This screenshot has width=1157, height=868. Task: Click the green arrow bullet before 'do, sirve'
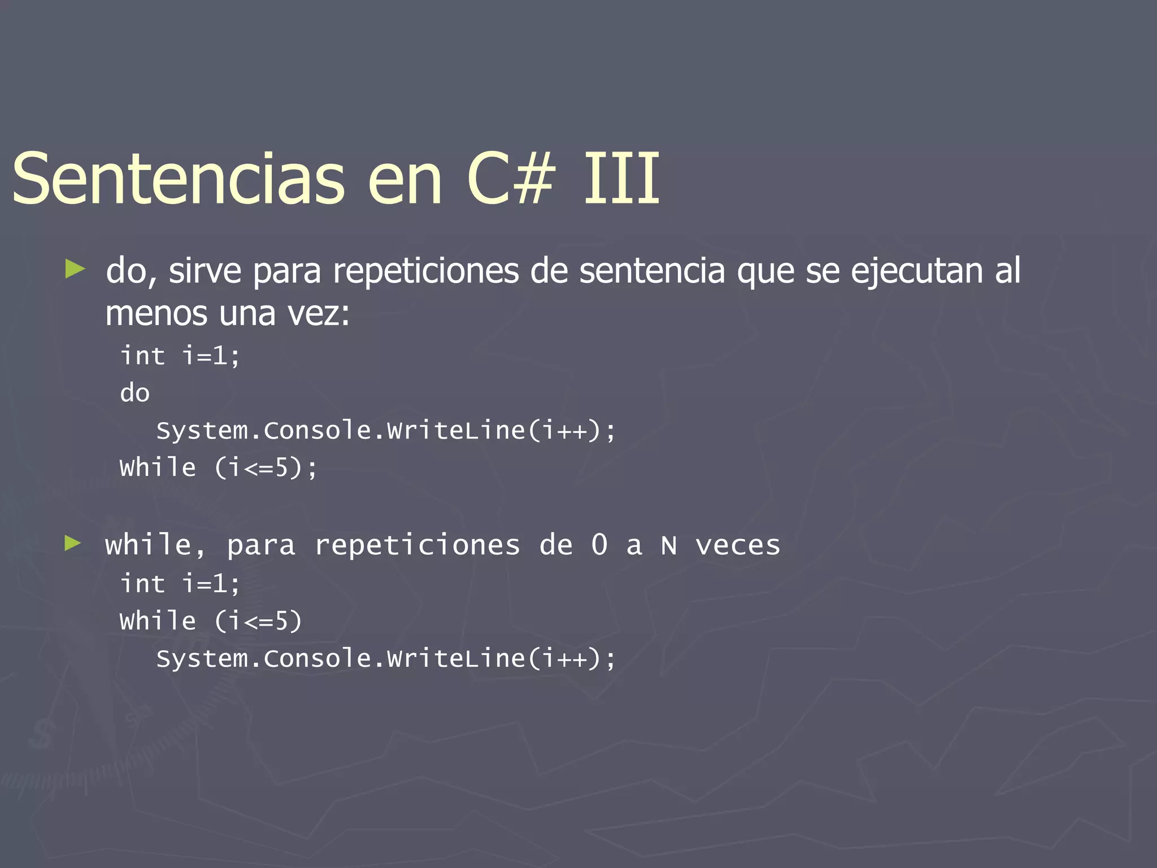[75, 268]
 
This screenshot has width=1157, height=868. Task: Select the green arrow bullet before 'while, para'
[73, 544]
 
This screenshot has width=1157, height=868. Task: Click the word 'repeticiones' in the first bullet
[425, 271]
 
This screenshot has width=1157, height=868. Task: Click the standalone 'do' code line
[134, 393]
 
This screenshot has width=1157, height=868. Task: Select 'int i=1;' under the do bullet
[180, 356]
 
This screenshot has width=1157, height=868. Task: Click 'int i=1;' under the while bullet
[180, 584]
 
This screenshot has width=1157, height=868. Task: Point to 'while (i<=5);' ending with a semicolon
[219, 468]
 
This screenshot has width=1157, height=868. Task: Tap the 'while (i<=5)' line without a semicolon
[211, 621]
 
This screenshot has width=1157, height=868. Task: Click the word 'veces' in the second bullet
[738, 546]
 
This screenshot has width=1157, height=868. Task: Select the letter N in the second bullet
[669, 546]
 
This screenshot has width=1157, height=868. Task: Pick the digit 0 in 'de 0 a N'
[599, 545]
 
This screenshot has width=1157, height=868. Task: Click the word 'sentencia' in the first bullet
[652, 271]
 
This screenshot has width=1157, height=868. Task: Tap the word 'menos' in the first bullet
[156, 314]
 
